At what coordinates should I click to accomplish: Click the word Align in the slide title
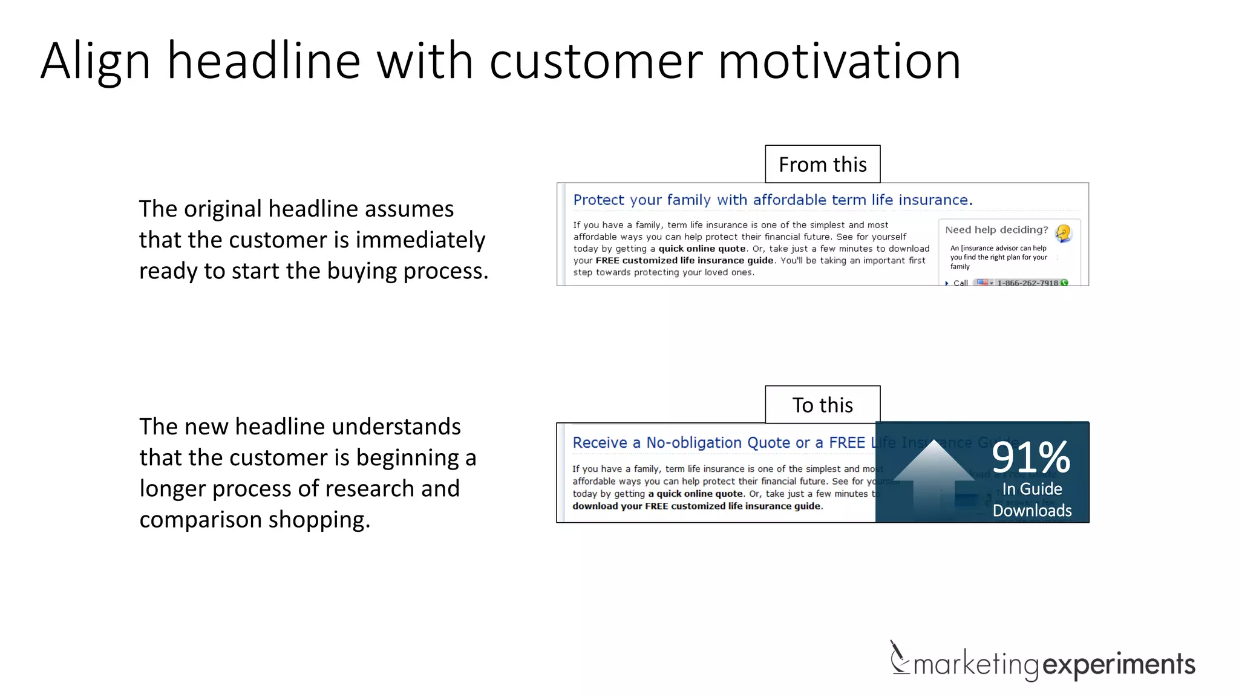[x=95, y=62]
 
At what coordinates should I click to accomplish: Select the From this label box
[x=822, y=165]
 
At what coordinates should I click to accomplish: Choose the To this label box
[x=822, y=405]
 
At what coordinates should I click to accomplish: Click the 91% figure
[x=1031, y=458]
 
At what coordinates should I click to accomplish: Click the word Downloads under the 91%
[x=1031, y=511]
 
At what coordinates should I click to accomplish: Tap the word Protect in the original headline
[x=598, y=200]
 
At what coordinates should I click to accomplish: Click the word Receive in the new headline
[x=600, y=443]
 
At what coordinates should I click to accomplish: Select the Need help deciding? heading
[x=996, y=230]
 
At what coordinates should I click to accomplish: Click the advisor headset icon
[x=1063, y=233]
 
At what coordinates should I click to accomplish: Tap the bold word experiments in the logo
[x=1119, y=664]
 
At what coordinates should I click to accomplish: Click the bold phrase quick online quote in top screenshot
[x=702, y=249]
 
